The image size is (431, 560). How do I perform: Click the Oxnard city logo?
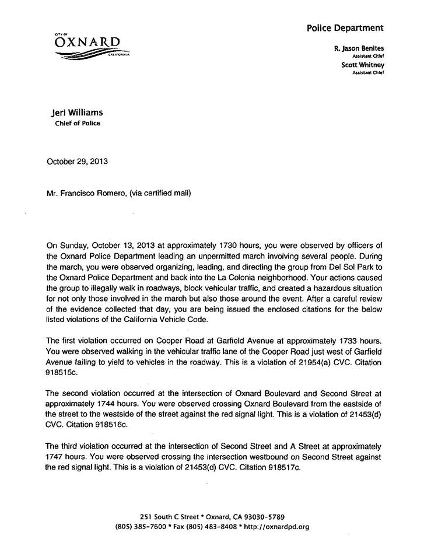(x=91, y=46)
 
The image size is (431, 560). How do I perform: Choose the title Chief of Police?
(x=69, y=123)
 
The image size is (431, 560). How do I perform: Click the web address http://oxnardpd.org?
(x=276, y=526)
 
